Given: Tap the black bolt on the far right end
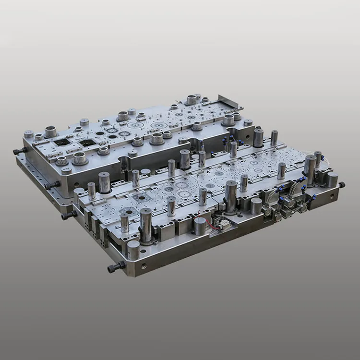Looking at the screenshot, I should [341, 185].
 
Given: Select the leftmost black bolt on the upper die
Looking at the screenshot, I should [19, 151].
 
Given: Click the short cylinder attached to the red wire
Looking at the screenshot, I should [200, 226].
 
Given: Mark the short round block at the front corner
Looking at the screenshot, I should [133, 250].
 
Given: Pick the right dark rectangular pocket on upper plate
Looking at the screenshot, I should [86, 143].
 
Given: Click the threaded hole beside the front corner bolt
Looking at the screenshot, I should [142, 265].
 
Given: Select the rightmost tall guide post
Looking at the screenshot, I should [310, 170].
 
